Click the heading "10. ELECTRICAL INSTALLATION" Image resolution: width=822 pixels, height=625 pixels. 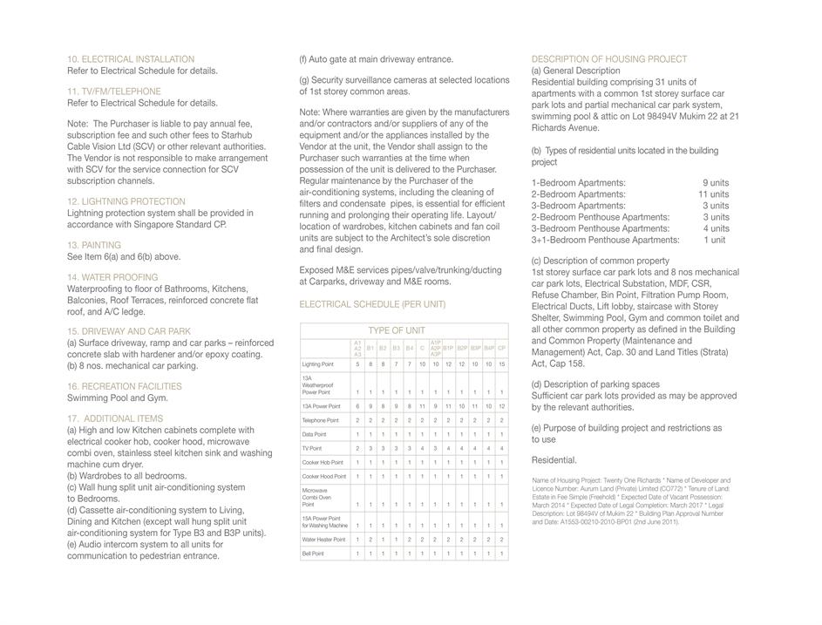tap(131, 59)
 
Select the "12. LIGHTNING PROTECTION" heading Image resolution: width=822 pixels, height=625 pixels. tap(126, 201)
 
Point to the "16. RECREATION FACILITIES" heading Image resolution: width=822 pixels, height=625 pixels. tap(125, 386)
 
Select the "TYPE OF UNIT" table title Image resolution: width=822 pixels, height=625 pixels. tap(397, 331)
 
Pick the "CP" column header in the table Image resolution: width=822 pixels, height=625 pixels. tap(501, 348)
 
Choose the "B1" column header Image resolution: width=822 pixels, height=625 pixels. tap(370, 348)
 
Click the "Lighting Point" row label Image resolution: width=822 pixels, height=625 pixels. tap(318, 364)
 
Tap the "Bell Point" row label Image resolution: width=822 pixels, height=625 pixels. tap(313, 554)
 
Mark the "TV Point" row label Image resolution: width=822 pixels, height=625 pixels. tap(312, 448)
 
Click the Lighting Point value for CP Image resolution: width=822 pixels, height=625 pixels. tap(501, 364)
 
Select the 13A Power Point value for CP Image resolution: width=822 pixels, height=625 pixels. tap(501, 406)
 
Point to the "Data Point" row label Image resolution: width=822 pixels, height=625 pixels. tap(315, 434)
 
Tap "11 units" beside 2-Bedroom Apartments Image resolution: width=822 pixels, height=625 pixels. tap(713, 194)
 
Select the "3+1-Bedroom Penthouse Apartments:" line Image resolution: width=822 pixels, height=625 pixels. tap(606, 240)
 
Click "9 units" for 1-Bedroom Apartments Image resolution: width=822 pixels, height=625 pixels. tap(716, 183)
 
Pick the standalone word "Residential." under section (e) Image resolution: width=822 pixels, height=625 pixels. tap(554, 460)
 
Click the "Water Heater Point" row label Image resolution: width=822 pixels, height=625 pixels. tap(323, 540)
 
